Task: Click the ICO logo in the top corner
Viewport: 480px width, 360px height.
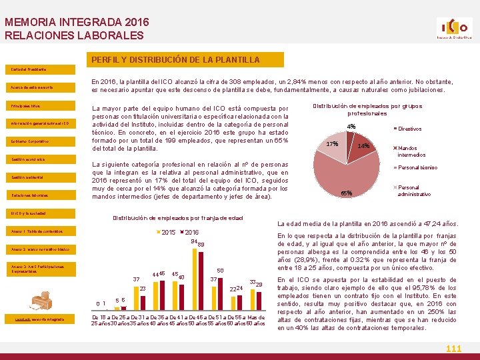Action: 454,29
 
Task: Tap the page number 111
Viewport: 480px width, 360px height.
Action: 453,349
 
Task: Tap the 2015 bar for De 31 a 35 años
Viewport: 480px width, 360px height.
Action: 135,297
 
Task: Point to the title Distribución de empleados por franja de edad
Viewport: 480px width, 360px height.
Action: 177,219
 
